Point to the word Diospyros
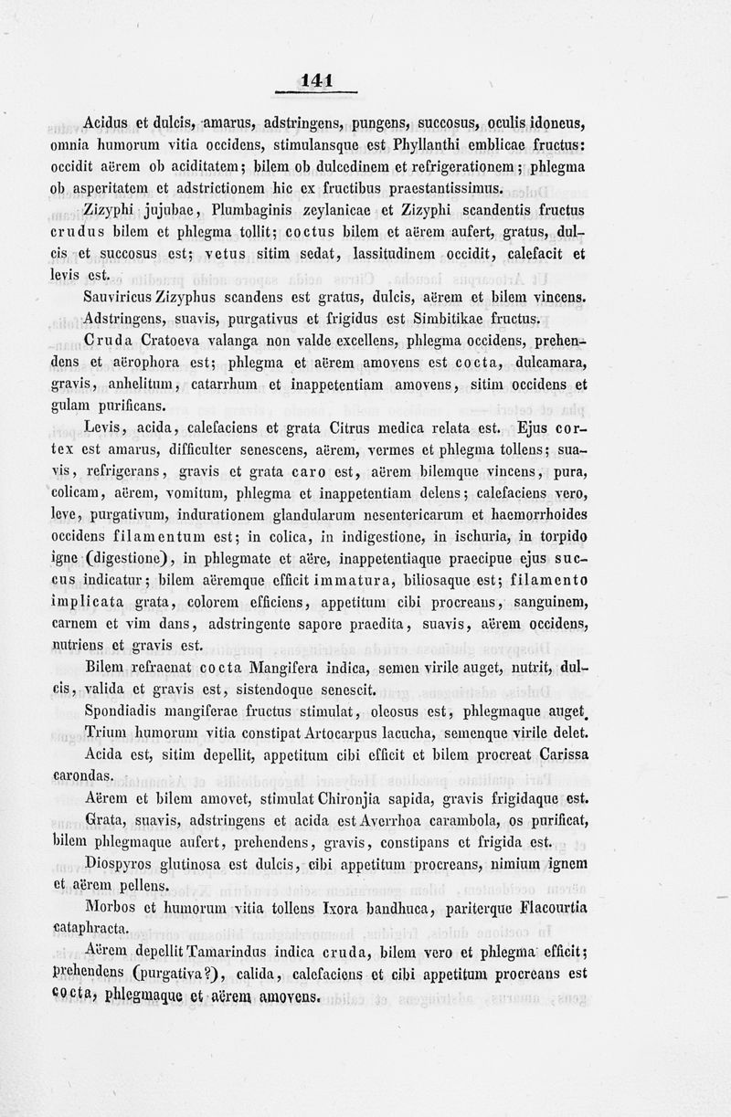[118, 863]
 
